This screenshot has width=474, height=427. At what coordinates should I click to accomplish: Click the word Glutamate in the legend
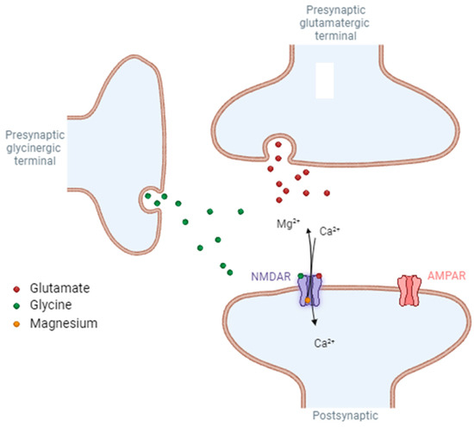pos(61,287)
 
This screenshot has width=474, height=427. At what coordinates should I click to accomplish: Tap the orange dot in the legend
pos(18,323)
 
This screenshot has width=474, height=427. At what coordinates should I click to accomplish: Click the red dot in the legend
pos(18,287)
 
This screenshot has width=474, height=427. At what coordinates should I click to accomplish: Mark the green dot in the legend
pos(18,305)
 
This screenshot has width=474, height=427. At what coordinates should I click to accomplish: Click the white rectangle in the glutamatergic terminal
pos(325,80)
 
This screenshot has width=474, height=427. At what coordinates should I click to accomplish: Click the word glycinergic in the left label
pos(34,148)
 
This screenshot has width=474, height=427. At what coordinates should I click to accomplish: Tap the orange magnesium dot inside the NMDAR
pos(309,299)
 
